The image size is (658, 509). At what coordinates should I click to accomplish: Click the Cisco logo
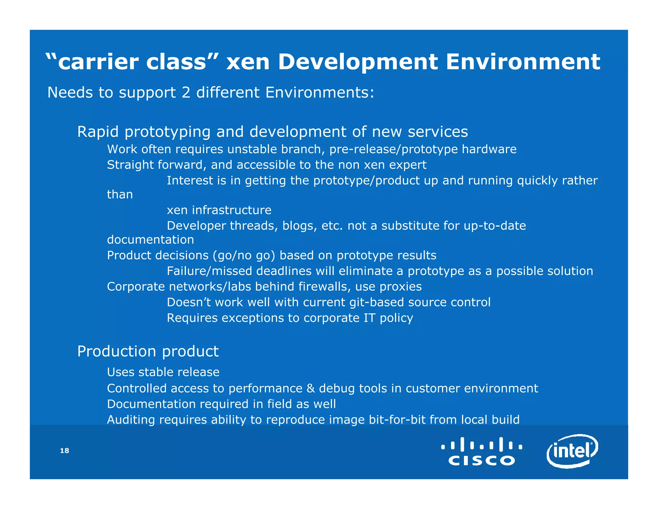pyautogui.click(x=482, y=451)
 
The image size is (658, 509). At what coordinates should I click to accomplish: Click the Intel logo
pyautogui.click(x=572, y=451)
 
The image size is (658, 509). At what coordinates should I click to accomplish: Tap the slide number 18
pyautogui.click(x=65, y=450)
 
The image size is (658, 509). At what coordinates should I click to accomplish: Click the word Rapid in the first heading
pyautogui.click(x=98, y=132)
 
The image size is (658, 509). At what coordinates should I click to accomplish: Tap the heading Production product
pyautogui.click(x=148, y=351)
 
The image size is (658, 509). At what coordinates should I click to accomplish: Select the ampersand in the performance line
pyautogui.click(x=311, y=388)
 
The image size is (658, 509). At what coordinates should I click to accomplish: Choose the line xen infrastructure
pyautogui.click(x=219, y=210)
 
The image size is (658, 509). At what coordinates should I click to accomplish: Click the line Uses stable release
pyautogui.click(x=163, y=372)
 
